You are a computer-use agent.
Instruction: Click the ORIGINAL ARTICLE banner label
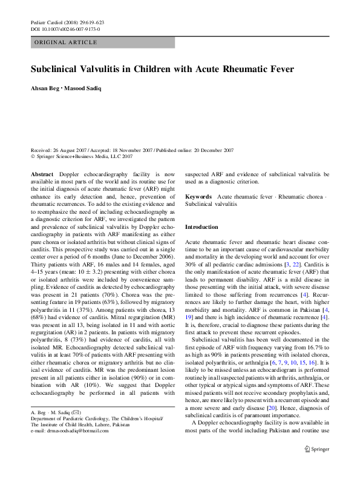tap(65, 42)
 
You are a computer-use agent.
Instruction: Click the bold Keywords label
tap(198, 197)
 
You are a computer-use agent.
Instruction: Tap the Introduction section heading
tap(201, 226)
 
